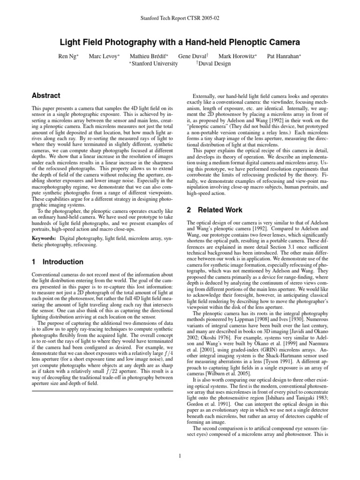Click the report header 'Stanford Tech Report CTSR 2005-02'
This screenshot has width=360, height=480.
click(180, 18)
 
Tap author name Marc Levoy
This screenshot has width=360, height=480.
click(103, 56)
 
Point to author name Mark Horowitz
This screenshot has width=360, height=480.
click(237, 56)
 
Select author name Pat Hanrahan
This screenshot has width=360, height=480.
click(284, 56)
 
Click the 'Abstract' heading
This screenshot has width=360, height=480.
click(45, 96)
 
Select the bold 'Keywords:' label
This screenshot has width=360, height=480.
click(44, 239)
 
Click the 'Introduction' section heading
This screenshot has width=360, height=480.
click(63, 262)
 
